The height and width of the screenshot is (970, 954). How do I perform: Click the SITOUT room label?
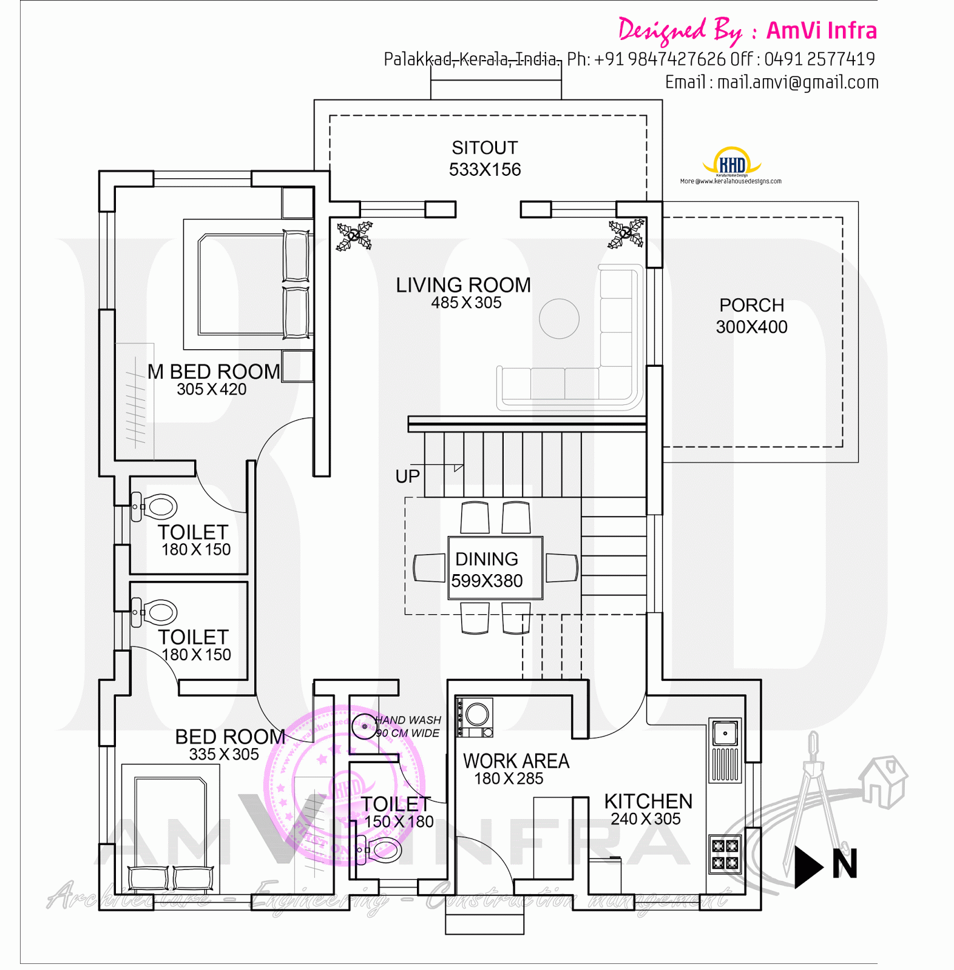click(484, 148)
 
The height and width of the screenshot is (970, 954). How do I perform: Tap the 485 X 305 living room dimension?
click(466, 303)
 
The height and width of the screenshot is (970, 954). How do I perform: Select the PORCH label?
click(751, 305)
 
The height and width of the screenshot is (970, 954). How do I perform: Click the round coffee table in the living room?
click(559, 319)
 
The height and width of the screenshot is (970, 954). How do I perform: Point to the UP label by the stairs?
click(407, 477)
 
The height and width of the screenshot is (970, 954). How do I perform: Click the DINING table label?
click(487, 559)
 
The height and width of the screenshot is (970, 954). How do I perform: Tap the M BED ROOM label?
click(214, 372)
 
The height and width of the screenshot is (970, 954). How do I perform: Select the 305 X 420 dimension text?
click(211, 389)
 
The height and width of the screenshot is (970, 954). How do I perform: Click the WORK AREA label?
click(516, 761)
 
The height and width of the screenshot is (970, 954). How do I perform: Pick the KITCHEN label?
click(648, 801)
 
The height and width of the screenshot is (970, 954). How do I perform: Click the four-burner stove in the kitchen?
click(725, 854)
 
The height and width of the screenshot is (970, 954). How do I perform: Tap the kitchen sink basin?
click(725, 734)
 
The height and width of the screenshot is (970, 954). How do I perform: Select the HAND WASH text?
click(408, 720)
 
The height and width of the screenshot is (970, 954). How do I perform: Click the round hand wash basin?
click(364, 726)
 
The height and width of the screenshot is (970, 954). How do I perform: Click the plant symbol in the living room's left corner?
click(354, 236)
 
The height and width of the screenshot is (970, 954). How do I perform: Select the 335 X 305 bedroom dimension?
click(223, 755)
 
